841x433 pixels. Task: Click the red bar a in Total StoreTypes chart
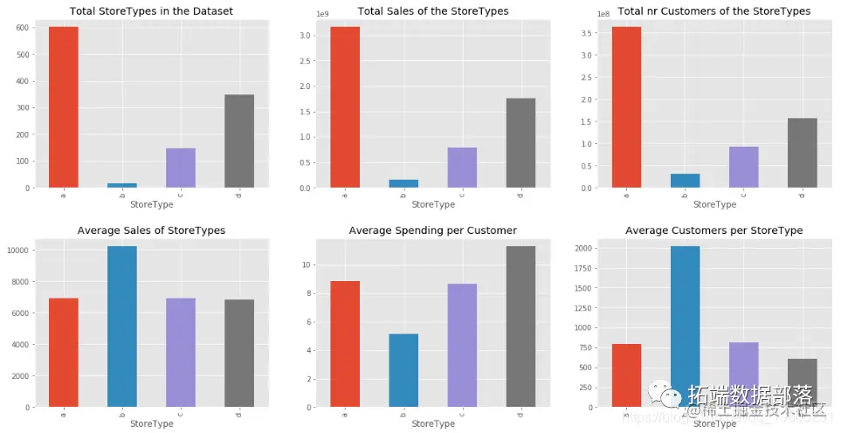(x=64, y=107)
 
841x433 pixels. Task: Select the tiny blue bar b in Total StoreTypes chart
(x=122, y=185)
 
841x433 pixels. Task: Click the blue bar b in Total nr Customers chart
(x=686, y=181)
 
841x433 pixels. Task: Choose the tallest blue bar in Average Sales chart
(x=122, y=326)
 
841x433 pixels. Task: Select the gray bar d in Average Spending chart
(x=520, y=326)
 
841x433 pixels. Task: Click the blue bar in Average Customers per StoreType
(x=686, y=326)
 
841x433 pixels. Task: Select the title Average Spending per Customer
(x=432, y=230)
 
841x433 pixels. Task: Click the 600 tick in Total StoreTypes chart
(x=22, y=27)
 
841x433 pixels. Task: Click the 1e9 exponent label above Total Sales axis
(x=321, y=15)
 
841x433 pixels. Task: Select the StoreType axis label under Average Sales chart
(x=151, y=424)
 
